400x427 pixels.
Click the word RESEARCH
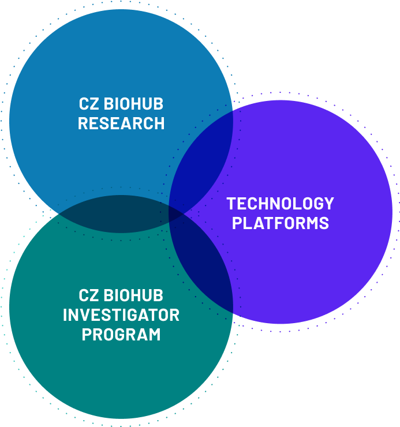tap(121, 123)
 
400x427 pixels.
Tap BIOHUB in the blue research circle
tap(133, 104)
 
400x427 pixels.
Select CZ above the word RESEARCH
tap(89, 104)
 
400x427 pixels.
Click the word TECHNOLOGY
tap(280, 204)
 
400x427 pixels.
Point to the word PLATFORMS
tap(281, 223)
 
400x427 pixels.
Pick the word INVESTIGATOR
tap(121, 315)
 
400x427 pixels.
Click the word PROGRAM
tap(121, 335)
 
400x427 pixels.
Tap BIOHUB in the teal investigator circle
tap(133, 295)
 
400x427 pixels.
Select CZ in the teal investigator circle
tap(89, 295)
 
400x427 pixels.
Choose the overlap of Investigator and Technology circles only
tap(204, 261)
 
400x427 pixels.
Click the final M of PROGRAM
tap(154, 335)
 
